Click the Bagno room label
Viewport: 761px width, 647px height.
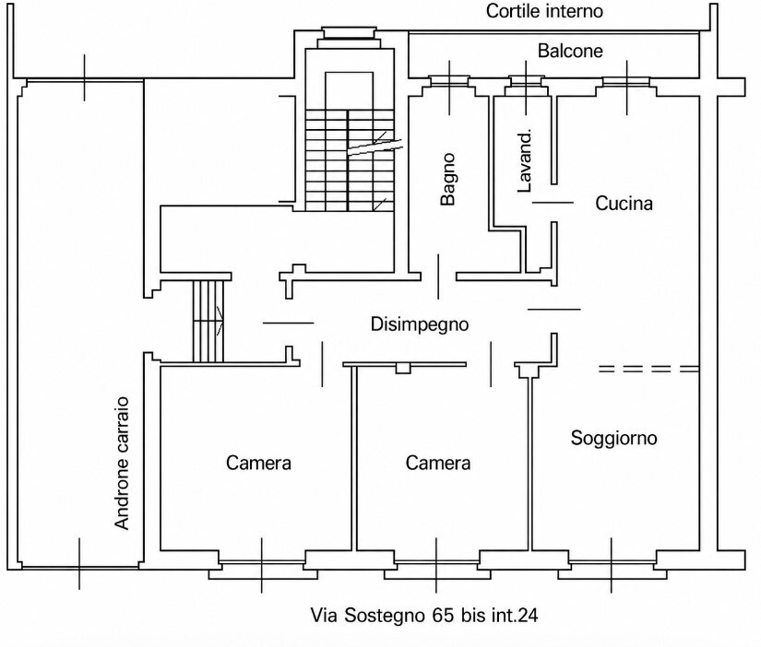coord(448,179)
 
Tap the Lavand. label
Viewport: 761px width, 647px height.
coord(525,161)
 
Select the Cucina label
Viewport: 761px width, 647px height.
coord(624,203)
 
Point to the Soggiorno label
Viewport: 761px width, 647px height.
coord(613,438)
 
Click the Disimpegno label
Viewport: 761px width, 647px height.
coord(420,324)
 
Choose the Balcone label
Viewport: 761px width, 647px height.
coord(570,51)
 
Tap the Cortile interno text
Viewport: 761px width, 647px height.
coord(544,11)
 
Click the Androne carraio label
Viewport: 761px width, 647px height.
coord(122,463)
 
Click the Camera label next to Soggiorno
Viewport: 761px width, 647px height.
coord(438,463)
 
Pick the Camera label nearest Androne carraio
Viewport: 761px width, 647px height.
coord(258,463)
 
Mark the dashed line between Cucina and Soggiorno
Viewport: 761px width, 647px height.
coord(648,369)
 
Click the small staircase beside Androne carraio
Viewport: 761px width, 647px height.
coord(208,321)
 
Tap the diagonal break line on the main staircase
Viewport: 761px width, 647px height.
coord(375,146)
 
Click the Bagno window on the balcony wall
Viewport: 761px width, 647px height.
coord(449,81)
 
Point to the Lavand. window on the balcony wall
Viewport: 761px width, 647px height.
coord(526,81)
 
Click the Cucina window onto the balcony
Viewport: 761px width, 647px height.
coord(626,81)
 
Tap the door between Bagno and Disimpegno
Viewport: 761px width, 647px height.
coord(439,276)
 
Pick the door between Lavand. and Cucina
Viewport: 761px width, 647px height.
coord(553,202)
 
